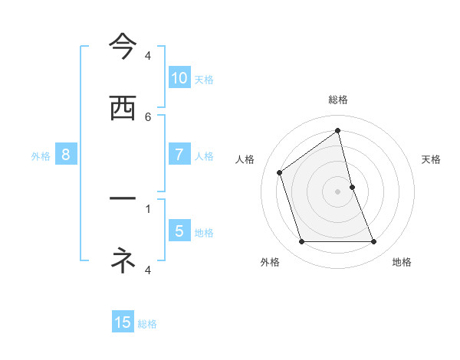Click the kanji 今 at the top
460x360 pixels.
tap(123, 47)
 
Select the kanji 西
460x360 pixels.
tap(123, 109)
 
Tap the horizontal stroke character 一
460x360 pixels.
tap(123, 198)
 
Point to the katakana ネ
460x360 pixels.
tap(123, 260)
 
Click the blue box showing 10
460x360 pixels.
tap(179, 78)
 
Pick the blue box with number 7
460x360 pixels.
tap(179, 155)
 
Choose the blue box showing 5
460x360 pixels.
tap(179, 231)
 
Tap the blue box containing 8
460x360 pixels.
tap(66, 155)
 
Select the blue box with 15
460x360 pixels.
tap(123, 322)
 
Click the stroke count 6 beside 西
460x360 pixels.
tap(148, 116)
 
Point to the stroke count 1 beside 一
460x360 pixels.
tap(148, 208)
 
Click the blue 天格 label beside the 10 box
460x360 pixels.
tap(204, 80)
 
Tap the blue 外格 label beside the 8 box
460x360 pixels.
tap(41, 156)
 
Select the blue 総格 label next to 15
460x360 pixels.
tap(147, 324)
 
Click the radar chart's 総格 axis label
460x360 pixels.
tap(338, 100)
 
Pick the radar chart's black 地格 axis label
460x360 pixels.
tap(402, 262)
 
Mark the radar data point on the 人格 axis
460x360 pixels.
tap(280, 172)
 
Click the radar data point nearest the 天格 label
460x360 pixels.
tap(352, 187)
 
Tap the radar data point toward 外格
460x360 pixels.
tap(301, 242)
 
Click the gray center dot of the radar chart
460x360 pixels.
tap(338, 191)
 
